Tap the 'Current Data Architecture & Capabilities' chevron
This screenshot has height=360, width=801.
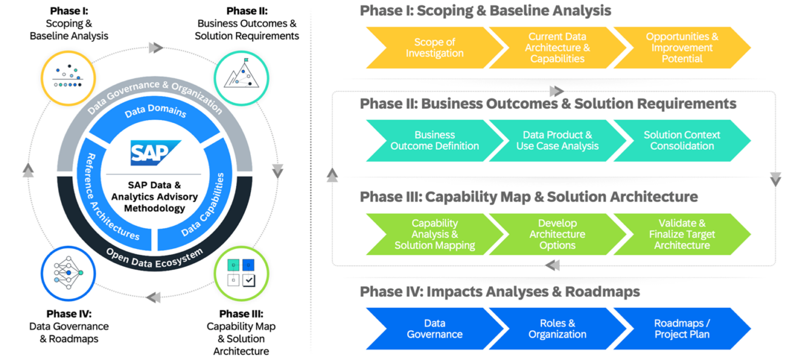[x=557, y=48]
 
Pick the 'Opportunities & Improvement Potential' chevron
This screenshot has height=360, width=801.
[x=681, y=48]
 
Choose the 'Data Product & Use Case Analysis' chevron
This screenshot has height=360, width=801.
[x=557, y=140]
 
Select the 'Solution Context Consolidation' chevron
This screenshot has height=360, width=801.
[x=681, y=140]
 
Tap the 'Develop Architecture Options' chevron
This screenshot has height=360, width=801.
[x=557, y=234]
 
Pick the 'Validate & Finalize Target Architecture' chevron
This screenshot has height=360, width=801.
[x=681, y=234]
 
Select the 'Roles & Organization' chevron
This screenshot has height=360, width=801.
[x=557, y=328]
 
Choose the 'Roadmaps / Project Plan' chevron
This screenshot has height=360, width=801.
[x=681, y=328]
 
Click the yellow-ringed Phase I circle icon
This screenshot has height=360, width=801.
[x=68, y=78]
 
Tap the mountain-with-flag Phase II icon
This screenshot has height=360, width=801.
[x=242, y=78]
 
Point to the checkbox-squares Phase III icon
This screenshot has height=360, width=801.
[x=242, y=273]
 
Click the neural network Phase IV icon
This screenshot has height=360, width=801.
[x=68, y=273]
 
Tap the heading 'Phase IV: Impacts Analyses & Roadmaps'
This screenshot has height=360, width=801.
[x=499, y=292]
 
